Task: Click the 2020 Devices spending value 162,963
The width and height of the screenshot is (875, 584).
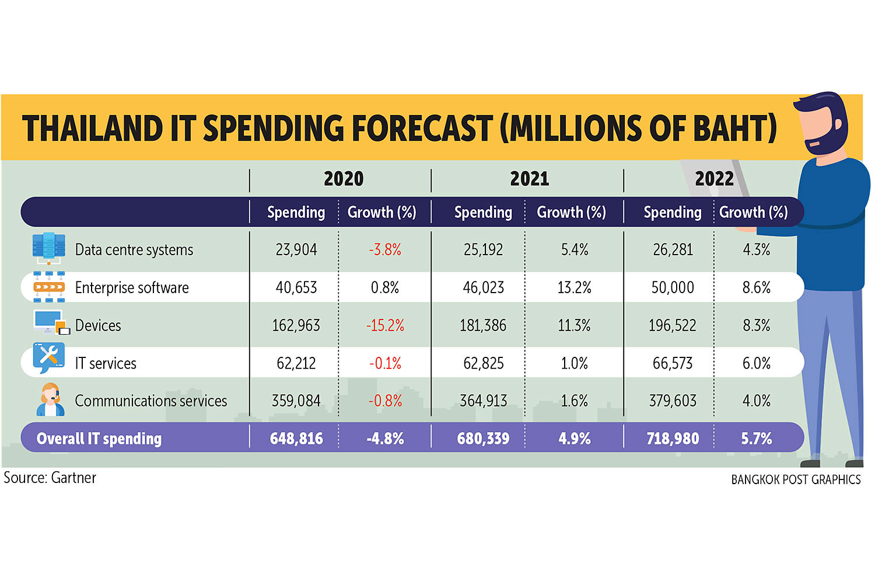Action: [x=296, y=325]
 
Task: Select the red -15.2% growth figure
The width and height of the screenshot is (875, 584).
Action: [x=385, y=325]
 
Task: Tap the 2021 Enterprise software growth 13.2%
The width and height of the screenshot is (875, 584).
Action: [x=574, y=287]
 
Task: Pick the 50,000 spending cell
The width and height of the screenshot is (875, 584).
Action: [x=673, y=287]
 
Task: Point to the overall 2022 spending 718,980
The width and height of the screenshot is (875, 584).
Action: [x=673, y=439]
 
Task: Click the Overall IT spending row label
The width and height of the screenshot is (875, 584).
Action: [x=99, y=439]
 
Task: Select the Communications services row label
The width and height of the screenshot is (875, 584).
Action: [x=150, y=401]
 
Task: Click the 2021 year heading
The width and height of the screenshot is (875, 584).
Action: [x=529, y=179]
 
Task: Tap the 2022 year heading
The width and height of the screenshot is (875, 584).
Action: [x=714, y=179]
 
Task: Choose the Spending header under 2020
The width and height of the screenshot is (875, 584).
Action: [x=296, y=212]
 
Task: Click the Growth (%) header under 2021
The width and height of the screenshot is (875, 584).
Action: [x=571, y=212]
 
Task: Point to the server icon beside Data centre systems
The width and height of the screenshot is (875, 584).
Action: [x=48, y=248]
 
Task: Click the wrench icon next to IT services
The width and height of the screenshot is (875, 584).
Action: [x=48, y=357]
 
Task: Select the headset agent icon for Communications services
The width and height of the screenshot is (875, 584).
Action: [x=50, y=399]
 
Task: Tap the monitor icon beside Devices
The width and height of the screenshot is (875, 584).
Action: [x=50, y=322]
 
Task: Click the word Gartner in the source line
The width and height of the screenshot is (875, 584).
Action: [x=73, y=478]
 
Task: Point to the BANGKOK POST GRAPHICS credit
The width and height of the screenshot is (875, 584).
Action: [x=796, y=479]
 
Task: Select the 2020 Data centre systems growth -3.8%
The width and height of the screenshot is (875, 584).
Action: [x=385, y=249]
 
